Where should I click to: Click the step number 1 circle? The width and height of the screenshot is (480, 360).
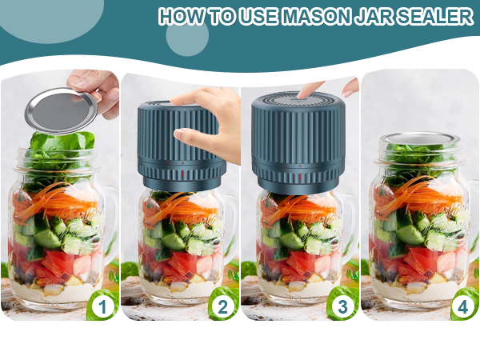[102, 306]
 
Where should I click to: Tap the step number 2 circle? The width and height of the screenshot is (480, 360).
[223, 306]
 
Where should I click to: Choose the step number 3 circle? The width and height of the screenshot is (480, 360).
[343, 306]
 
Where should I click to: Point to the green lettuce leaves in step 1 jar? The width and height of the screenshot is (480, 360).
[60, 148]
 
